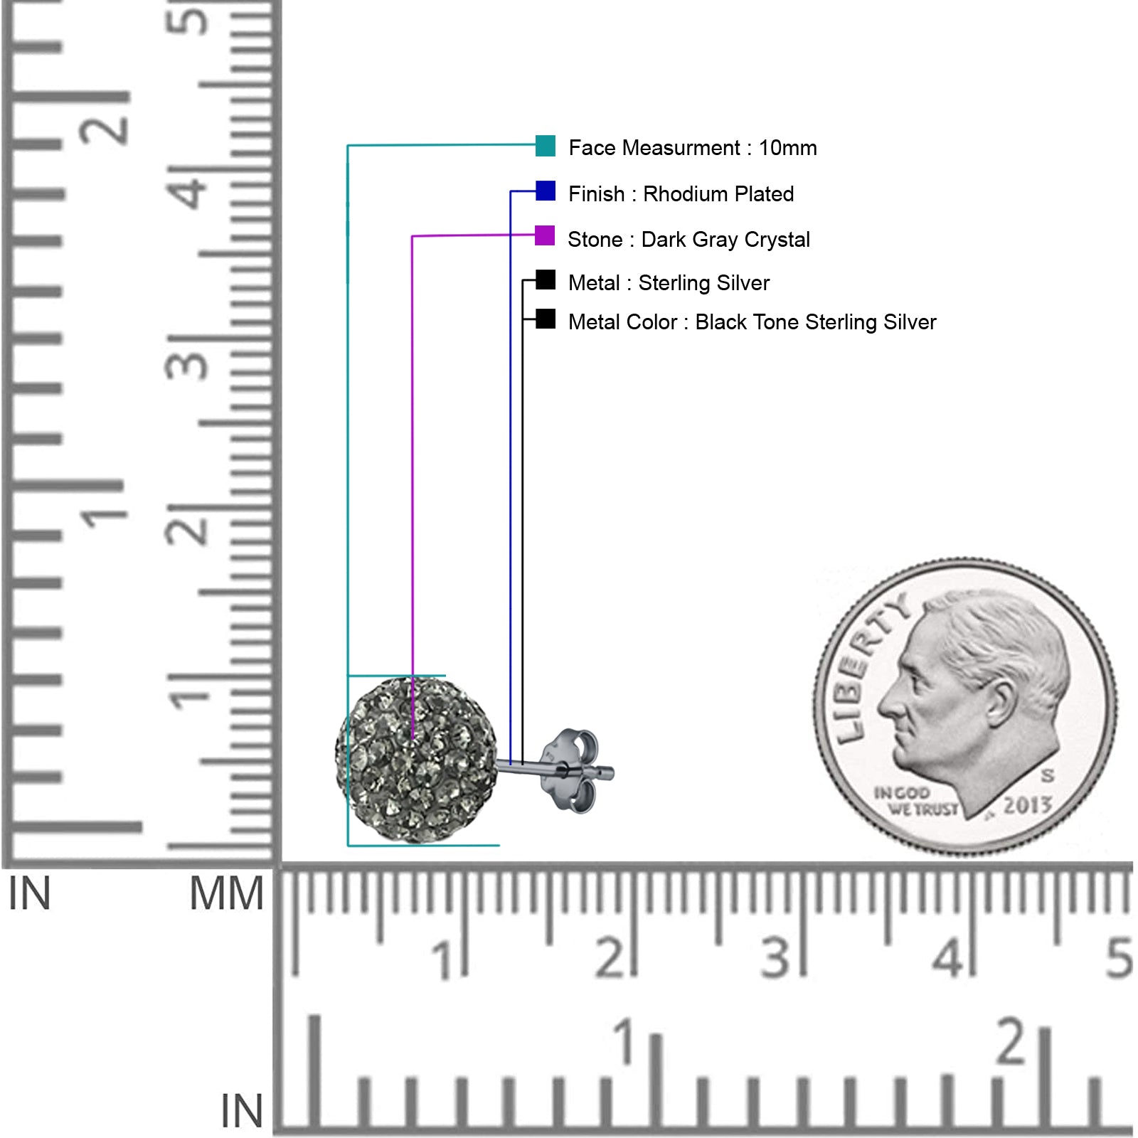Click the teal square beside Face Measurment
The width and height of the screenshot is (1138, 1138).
pos(546,146)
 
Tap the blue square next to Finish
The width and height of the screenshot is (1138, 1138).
pos(546,191)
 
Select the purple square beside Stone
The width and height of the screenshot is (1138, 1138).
pos(545,235)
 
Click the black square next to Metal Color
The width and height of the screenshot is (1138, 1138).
pos(546,319)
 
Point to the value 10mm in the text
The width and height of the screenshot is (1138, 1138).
pos(787,148)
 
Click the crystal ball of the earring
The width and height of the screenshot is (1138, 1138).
pos(416,760)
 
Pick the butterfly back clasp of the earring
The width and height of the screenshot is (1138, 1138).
pos(570,770)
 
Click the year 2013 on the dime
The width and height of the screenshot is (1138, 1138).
pos(1026,805)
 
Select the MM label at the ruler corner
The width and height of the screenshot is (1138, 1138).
pos(226,894)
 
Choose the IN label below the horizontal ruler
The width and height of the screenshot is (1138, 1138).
pos(242,1111)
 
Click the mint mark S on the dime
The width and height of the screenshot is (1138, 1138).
pos(1047,775)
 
